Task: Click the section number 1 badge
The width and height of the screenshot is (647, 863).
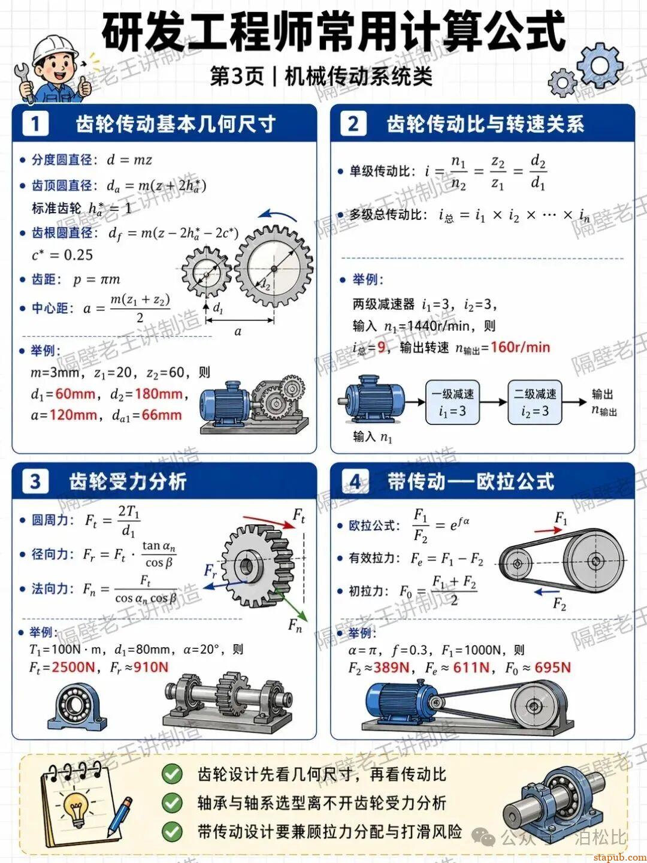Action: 35,124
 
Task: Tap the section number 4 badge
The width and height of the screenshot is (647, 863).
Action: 355,482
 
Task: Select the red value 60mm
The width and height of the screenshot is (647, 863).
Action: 75,394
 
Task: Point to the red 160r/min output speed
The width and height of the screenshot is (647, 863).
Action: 519,348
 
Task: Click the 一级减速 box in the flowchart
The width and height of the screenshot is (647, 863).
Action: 452,402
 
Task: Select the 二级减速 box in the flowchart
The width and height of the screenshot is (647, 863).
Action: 535,402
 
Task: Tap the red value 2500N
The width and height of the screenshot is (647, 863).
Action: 74,668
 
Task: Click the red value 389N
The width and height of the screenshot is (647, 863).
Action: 391,668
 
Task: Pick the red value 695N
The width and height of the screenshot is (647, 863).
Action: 553,668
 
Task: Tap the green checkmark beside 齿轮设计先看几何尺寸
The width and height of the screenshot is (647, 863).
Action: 172,774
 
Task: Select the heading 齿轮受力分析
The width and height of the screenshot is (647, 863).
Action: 128,482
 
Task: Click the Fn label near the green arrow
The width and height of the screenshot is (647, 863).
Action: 295,626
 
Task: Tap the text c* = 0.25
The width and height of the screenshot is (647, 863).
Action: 62,255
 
